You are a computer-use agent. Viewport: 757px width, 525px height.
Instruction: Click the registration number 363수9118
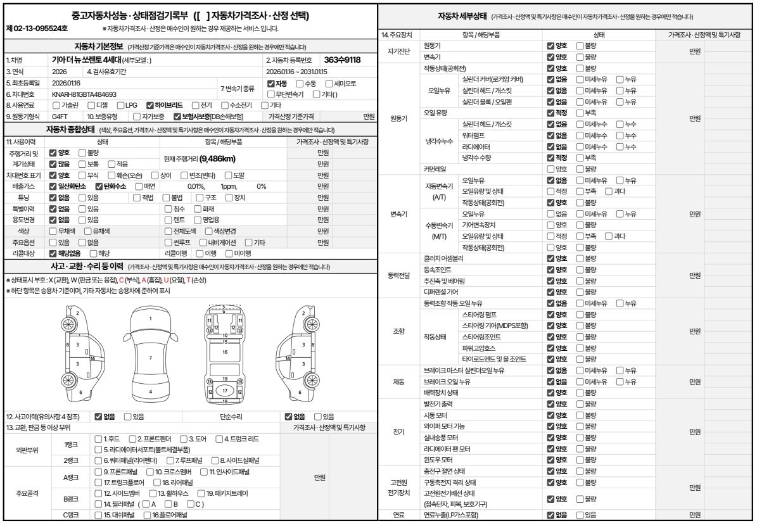pos(341,60)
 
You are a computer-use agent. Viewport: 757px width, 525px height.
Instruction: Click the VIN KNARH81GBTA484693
pos(84,94)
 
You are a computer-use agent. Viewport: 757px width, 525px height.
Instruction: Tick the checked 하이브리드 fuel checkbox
pos(150,105)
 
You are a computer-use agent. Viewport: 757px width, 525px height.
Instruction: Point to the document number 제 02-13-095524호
pos(37,29)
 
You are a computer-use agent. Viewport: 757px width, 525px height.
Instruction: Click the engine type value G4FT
pos(60,117)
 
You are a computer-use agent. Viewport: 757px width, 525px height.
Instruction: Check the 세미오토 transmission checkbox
pos(329,84)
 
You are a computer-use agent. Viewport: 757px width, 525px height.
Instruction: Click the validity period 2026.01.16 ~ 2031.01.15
pos(297,72)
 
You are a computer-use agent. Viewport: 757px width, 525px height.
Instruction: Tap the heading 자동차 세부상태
pos(462,16)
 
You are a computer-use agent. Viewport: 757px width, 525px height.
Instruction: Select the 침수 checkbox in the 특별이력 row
pos(167,208)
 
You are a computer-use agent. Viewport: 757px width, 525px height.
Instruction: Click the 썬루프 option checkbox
pos(167,242)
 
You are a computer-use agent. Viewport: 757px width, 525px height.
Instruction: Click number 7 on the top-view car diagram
pos(150,358)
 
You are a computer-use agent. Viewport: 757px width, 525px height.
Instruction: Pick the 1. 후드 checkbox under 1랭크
pos(98,438)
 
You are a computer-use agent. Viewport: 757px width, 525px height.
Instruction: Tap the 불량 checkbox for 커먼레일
pos(580,169)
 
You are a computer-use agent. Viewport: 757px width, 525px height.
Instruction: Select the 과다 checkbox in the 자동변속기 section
pos(609,191)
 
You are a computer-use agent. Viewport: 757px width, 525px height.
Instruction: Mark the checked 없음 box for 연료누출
pos(550,515)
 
